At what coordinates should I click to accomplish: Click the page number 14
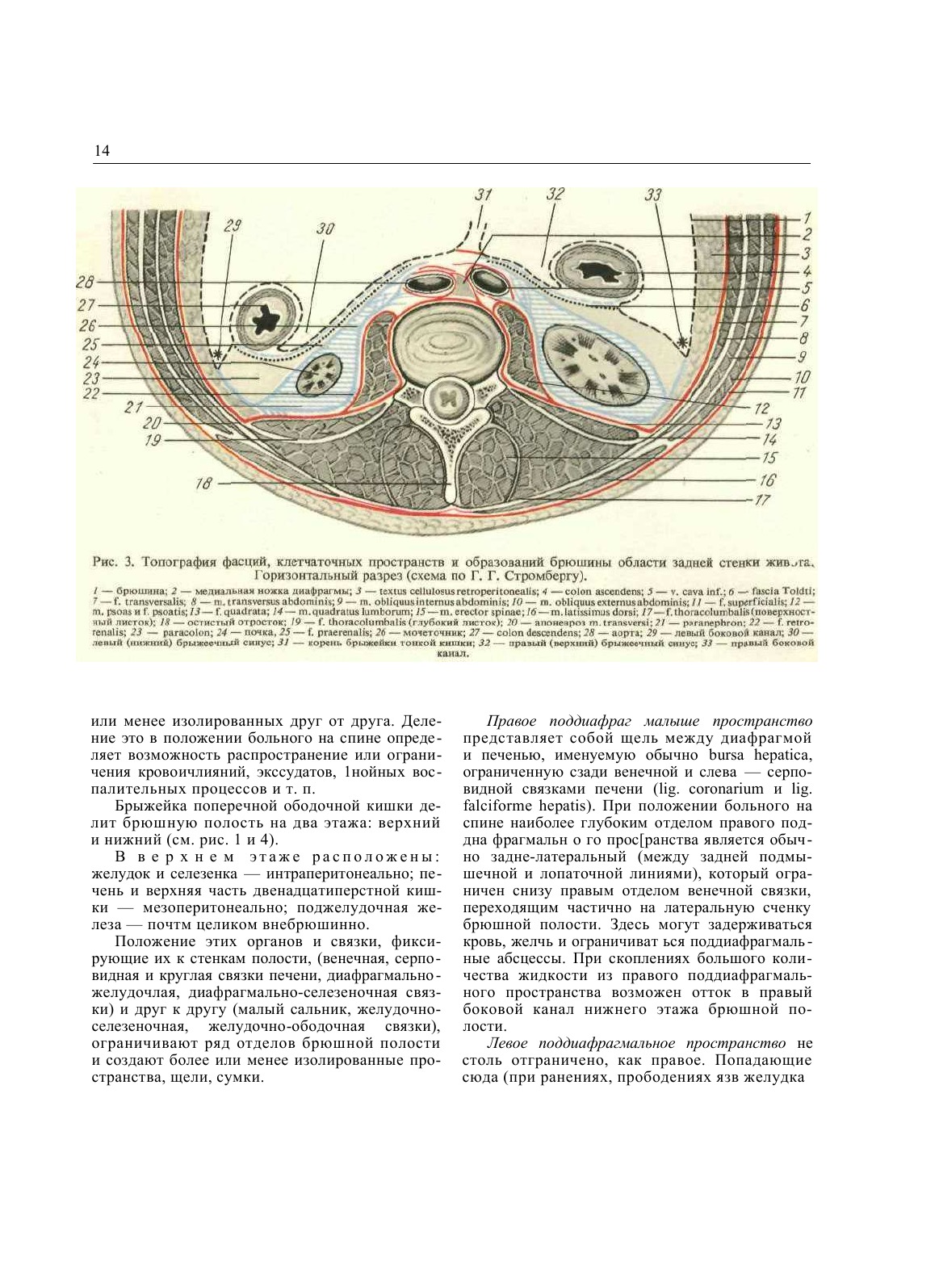click(102, 151)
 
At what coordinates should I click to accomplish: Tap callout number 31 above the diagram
click(483, 195)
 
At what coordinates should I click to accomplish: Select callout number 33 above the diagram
click(653, 195)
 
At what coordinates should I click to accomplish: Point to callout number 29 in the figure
click(231, 227)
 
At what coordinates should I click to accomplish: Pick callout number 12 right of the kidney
click(762, 409)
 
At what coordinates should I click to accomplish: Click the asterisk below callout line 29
click(216, 354)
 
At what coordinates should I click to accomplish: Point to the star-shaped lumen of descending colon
click(264, 318)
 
